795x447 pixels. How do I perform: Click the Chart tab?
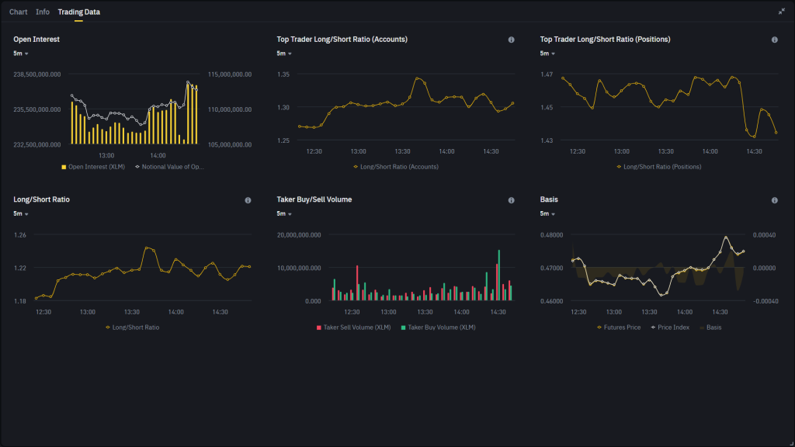18,12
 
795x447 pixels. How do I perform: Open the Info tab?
43,12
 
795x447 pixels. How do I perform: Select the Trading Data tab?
78,12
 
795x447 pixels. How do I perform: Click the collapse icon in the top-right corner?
781,12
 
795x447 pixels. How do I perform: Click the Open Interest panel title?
36,39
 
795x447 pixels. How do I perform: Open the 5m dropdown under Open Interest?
21,54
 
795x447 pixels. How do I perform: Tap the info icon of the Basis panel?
774,200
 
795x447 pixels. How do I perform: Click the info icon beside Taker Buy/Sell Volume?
511,200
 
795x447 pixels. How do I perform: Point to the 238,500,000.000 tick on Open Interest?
37,74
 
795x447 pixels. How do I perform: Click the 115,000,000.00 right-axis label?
230,74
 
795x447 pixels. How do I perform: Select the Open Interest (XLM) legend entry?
94,166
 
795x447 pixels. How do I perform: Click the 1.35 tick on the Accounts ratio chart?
283,74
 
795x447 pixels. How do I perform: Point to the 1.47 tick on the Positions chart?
547,74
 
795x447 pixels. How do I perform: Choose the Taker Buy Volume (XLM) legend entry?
438,327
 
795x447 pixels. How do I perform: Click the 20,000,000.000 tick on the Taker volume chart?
299,234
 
